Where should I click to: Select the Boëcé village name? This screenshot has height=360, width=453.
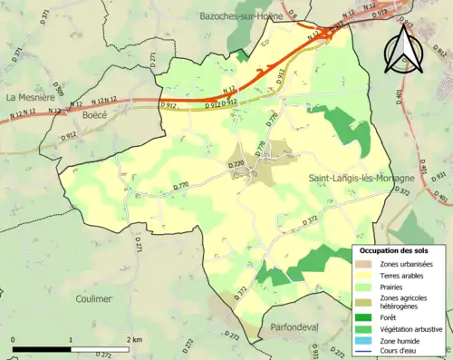pyautogui.click(x=92, y=115)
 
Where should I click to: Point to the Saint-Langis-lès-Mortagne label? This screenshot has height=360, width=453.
pyautogui.click(x=361, y=179)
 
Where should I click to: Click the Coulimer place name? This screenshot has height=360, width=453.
pyautogui.click(x=94, y=298)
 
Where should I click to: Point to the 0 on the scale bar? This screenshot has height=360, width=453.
pyautogui.click(x=14, y=339)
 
